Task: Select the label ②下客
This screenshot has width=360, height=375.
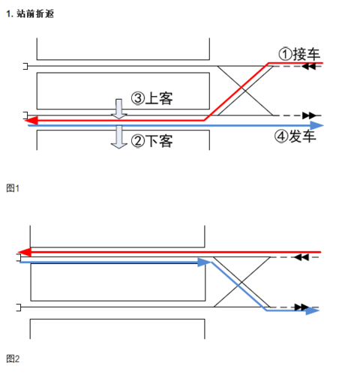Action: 151,139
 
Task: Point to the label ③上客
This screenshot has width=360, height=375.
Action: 153,98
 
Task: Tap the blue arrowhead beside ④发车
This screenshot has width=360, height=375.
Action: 317,126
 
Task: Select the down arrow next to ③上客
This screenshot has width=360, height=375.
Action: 118,108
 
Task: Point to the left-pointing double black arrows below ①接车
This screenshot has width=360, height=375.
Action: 308,67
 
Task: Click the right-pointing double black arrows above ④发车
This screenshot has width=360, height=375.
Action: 308,115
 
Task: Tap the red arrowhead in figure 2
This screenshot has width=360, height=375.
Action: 25,252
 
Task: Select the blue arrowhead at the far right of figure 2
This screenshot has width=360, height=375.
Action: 313,310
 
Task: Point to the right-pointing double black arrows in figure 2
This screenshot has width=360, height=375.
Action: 302,306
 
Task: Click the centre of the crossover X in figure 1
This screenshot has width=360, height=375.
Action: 241,90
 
